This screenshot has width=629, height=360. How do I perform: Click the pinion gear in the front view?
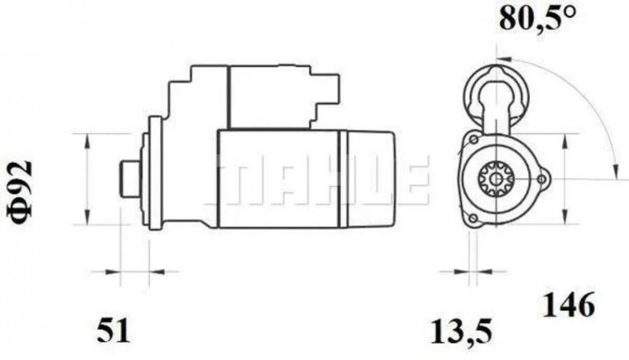497,180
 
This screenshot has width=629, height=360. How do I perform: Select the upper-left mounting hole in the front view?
473,140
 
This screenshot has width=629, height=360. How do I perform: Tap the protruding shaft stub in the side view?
128,179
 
